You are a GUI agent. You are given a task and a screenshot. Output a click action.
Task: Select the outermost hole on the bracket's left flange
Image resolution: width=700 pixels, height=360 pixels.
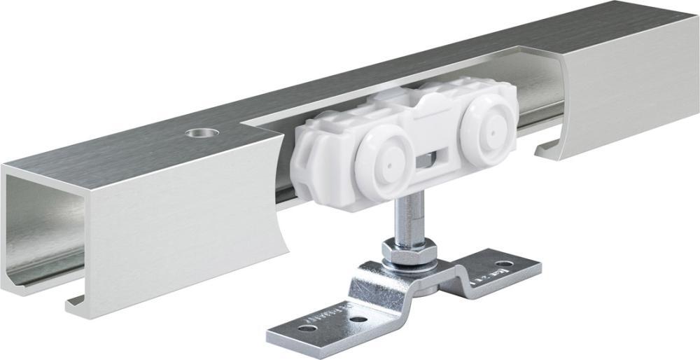[303, 328]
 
